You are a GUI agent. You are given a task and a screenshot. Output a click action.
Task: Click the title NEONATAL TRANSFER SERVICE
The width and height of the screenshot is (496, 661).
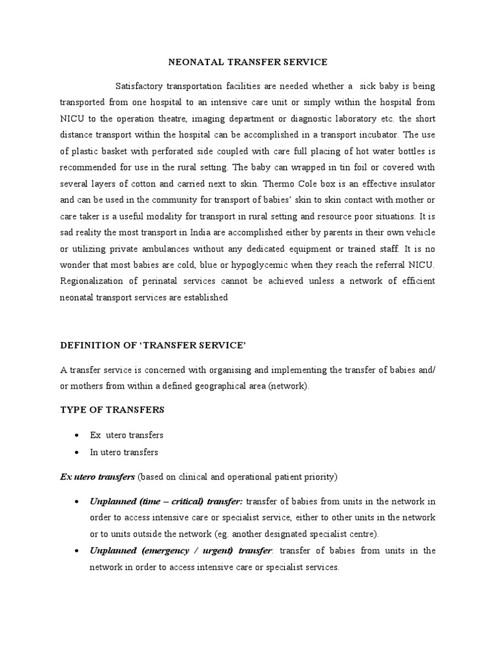click(x=248, y=62)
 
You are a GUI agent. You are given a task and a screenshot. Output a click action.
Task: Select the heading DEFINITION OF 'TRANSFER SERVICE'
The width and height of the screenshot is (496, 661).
click(x=153, y=346)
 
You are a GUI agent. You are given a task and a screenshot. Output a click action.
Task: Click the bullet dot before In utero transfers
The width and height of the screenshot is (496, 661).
click(x=77, y=453)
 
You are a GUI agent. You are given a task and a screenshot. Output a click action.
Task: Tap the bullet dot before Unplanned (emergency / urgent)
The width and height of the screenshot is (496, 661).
click(x=77, y=551)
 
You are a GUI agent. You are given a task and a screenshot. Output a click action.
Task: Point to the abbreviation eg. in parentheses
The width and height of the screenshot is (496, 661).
click(x=214, y=534)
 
